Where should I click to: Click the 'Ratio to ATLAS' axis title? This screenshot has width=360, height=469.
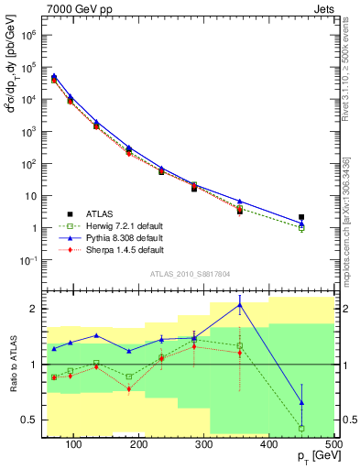point(12,365)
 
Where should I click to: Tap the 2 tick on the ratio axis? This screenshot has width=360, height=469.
point(37,309)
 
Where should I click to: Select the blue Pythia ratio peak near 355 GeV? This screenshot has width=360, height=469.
point(240,305)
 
